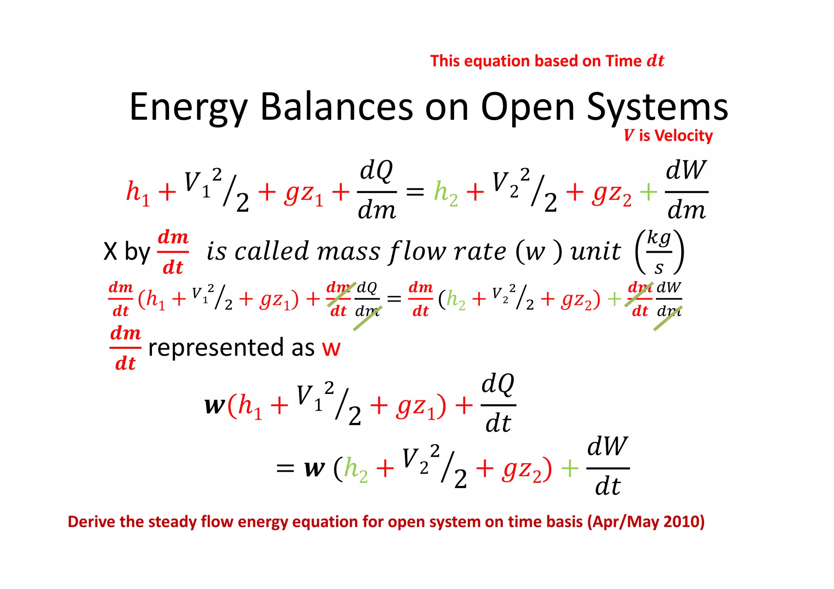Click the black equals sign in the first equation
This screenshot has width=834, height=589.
point(415,192)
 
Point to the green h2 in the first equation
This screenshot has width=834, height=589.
point(446,193)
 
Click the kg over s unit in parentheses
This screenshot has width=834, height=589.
point(659,252)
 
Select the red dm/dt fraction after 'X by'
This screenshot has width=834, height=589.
point(173,252)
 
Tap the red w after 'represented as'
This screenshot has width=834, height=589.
point(331,348)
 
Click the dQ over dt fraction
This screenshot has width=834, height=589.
point(498,404)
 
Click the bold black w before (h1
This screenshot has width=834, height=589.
point(215,405)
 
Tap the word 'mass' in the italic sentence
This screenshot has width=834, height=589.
point(348,252)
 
